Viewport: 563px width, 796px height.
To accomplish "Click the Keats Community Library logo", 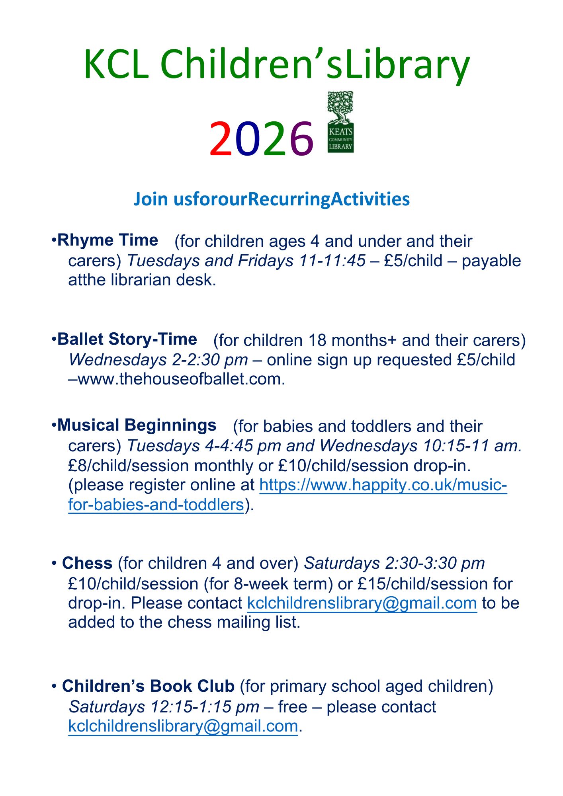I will click(340, 122).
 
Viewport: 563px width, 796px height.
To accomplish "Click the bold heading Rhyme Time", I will click(108, 240).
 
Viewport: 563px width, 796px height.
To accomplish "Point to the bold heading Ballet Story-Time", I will click(127, 339).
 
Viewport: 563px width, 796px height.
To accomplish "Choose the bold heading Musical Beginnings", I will click(137, 425).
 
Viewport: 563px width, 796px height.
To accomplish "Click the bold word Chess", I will click(87, 563).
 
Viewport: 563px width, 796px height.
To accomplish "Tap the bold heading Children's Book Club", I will click(148, 686).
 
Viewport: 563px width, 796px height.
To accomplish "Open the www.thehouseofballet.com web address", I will click(181, 379).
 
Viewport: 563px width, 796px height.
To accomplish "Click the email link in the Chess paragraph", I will click(362, 603).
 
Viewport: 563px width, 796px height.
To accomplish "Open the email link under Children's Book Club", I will click(183, 726).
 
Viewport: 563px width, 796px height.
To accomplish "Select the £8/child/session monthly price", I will click(128, 466).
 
